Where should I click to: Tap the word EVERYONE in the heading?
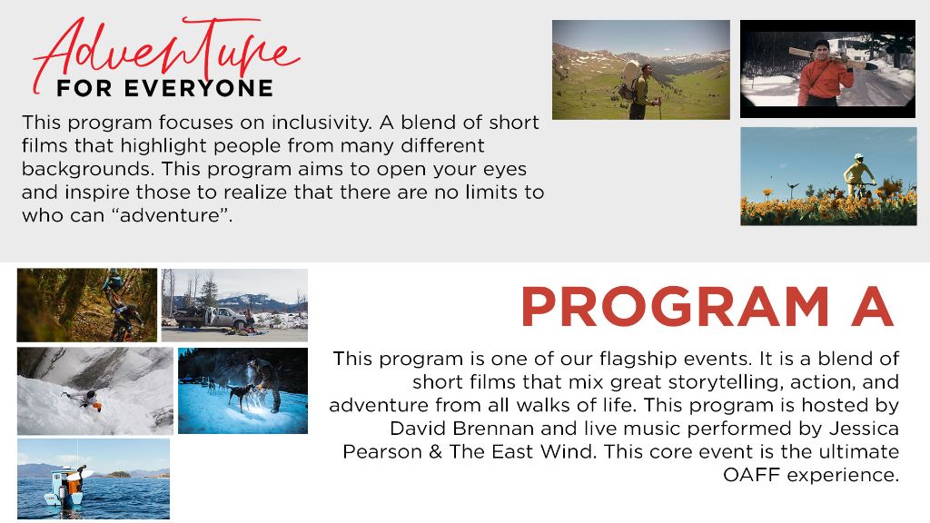(x=199, y=88)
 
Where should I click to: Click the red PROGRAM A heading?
(x=707, y=307)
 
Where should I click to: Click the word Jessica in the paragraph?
(x=865, y=429)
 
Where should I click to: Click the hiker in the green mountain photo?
(x=641, y=90)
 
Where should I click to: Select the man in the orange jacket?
(x=825, y=74)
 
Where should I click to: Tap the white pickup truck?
(x=213, y=318)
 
